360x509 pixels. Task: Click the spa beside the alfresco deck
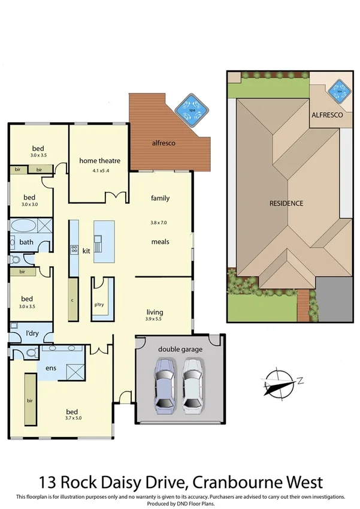click(x=192, y=110)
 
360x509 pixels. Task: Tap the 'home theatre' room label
click(x=100, y=161)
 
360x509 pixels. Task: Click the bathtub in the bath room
click(x=23, y=227)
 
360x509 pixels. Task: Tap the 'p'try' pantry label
click(x=99, y=304)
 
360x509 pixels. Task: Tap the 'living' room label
click(x=155, y=312)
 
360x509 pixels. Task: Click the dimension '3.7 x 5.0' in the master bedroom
click(x=72, y=418)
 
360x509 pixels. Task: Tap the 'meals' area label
click(x=160, y=242)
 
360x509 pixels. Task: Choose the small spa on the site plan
click(x=340, y=91)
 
